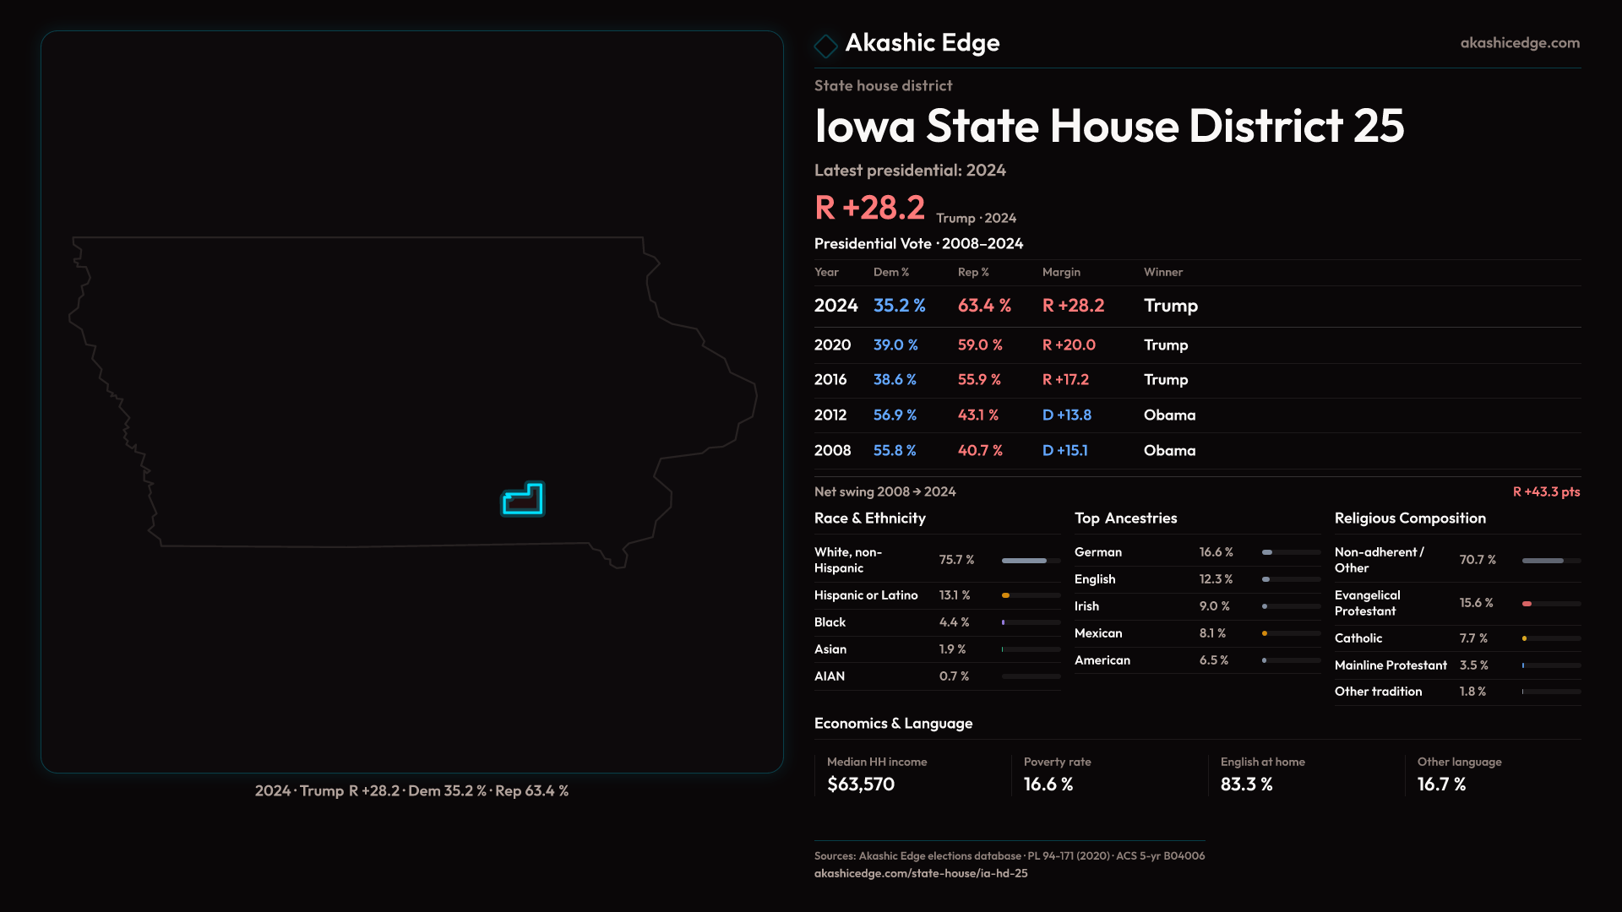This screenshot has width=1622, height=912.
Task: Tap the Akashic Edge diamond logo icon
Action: [825, 46]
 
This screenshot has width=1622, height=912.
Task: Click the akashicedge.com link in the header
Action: [1520, 43]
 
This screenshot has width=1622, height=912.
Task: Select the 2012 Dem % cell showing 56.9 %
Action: [895, 415]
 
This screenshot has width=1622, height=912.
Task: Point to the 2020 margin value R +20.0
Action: [1069, 345]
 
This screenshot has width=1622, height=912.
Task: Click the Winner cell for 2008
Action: [1169, 451]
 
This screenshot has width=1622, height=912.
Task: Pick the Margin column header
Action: [1061, 273]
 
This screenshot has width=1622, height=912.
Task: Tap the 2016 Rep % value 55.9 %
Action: [979, 380]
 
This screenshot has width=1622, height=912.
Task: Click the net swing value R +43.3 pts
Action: [1546, 492]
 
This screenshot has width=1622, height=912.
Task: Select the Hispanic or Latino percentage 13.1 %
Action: [955, 595]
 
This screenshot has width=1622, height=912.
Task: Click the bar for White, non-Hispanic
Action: [1031, 561]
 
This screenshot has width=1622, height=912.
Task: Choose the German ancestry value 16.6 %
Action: [1216, 552]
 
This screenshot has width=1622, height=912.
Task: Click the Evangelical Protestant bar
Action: [1551, 604]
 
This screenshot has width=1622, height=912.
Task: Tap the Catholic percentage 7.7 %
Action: [1473, 638]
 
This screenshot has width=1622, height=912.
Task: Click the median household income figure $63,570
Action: [861, 784]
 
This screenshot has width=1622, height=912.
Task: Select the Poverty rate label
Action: [1057, 763]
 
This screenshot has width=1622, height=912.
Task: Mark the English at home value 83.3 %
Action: [1246, 784]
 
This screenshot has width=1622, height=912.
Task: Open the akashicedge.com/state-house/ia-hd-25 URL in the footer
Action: [921, 874]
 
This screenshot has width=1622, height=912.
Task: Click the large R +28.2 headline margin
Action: [869, 208]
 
